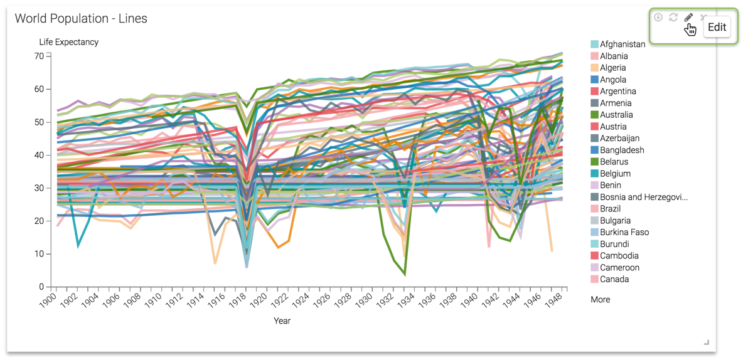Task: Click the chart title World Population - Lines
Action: [81, 19]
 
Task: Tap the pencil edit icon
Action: [688, 18]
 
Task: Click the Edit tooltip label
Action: [717, 28]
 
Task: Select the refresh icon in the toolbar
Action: [673, 18]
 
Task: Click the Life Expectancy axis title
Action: [68, 42]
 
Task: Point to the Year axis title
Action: [282, 320]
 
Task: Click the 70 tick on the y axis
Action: [39, 56]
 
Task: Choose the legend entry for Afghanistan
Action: [622, 45]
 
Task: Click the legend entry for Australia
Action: [616, 115]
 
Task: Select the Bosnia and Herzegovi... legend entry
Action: [643, 197]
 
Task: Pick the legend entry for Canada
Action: [614, 279]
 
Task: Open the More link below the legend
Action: [600, 300]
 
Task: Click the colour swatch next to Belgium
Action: [594, 174]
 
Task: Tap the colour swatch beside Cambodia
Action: [594, 256]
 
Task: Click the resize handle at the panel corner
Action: [707, 342]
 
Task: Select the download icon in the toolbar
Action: [658, 18]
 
